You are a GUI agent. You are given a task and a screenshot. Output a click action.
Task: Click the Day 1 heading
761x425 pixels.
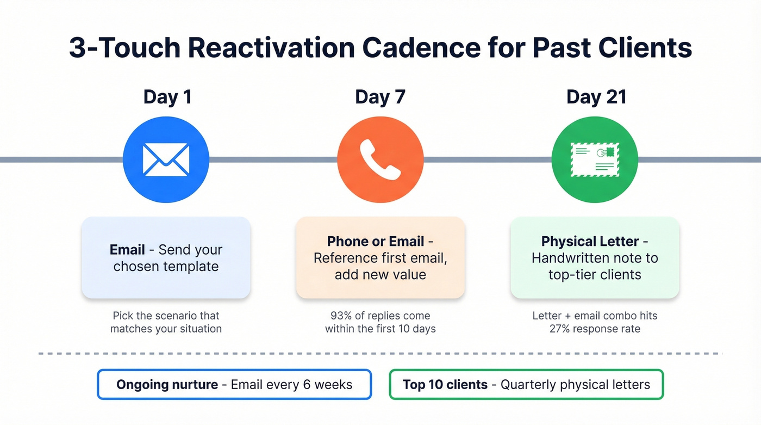click(x=167, y=97)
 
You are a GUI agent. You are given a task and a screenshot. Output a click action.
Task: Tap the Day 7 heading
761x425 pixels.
click(x=380, y=97)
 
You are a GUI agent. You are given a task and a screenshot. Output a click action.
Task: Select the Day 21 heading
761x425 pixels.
click(x=596, y=97)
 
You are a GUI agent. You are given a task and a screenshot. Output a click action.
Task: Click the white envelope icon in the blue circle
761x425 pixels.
click(x=166, y=159)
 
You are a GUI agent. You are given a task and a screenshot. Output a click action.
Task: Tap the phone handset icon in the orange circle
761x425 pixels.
click(x=380, y=159)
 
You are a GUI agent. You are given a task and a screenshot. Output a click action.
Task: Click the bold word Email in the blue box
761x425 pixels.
click(x=127, y=250)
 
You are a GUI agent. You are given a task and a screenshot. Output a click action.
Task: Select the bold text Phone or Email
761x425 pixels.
click(x=376, y=242)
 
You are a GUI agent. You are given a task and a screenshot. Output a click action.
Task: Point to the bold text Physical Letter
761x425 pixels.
click(x=591, y=242)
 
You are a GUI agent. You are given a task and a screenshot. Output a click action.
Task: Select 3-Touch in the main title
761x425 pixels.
click(x=123, y=48)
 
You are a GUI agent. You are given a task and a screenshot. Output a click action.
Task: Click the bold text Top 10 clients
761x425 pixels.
click(x=445, y=385)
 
